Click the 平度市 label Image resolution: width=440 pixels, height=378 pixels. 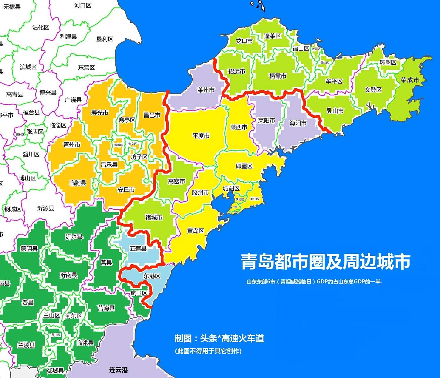point(201,136)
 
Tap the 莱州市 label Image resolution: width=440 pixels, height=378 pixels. point(206,90)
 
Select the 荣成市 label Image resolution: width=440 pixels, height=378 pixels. point(410,80)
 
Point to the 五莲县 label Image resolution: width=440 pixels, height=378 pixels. point(138,248)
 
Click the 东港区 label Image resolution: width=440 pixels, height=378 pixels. point(152,276)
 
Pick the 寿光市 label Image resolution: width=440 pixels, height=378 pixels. point(99,113)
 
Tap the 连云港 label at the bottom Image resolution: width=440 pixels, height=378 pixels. point(118,370)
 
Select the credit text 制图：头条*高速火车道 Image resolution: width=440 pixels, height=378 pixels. point(219,338)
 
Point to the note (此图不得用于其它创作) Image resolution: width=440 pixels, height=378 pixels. point(208,351)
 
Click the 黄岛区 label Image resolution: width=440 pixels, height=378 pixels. point(195,231)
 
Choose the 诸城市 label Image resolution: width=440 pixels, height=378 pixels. point(154,218)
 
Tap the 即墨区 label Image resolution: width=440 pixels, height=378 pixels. point(244,166)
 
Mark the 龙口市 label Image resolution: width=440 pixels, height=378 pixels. point(244,41)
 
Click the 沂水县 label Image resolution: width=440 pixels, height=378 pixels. point(74,237)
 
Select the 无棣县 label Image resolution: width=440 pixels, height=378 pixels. point(12,7)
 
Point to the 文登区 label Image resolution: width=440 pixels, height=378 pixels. point(373,90)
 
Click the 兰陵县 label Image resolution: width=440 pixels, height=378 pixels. point(26,345)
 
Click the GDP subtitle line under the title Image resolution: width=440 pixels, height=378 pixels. point(314,282)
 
